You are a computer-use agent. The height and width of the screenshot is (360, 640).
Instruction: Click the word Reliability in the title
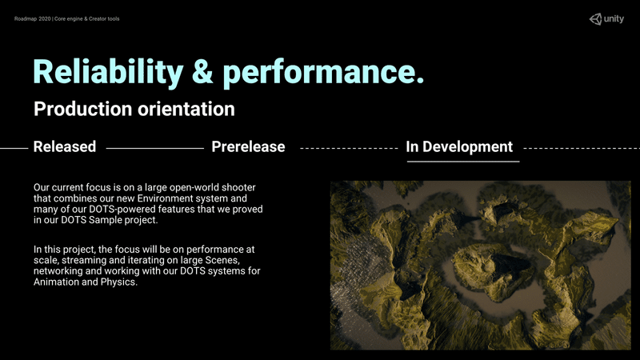108,73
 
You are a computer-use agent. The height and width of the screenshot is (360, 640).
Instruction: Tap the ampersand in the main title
202,72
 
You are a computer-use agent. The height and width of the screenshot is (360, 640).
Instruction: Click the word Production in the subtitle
83,109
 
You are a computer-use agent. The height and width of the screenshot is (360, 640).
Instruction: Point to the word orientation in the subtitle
186,109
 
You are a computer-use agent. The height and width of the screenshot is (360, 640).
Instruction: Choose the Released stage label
65,146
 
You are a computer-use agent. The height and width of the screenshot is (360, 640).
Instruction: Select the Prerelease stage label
248,146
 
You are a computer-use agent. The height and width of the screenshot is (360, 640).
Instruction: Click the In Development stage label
459,146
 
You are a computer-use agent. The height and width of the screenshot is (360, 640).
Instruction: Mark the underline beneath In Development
463,162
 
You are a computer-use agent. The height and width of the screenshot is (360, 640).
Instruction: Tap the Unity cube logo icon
595,19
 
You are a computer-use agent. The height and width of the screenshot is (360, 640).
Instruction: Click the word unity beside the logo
614,18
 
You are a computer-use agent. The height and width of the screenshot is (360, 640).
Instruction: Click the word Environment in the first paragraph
170,198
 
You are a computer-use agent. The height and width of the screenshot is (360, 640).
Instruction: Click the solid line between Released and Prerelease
154,148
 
